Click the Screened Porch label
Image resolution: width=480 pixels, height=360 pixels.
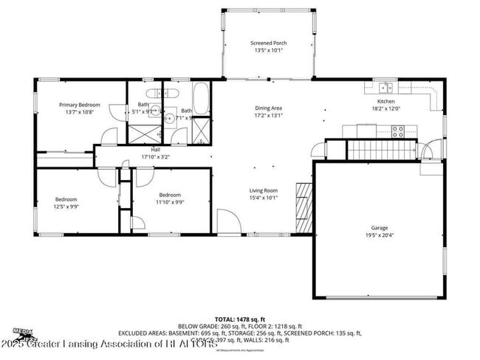pos(270,44)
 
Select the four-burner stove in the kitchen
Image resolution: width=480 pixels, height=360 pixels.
pos(398,132)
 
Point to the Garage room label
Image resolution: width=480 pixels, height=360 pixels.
pos(380,228)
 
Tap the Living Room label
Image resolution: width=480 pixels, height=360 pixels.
pos(262,190)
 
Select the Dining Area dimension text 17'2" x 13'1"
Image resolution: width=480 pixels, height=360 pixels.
pos(269,115)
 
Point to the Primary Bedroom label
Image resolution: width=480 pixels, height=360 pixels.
pos(80,105)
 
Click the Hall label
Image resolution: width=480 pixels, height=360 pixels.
pos(155,150)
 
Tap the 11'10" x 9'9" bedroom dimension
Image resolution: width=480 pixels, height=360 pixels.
pos(170,202)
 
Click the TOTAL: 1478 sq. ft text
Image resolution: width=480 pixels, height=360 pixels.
pos(239,319)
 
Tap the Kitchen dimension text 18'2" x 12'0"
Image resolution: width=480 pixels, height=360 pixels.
pos(385,108)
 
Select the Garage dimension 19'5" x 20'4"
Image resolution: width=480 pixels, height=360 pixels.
pos(380,235)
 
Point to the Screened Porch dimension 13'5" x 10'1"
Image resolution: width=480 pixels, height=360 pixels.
pos(270,51)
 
